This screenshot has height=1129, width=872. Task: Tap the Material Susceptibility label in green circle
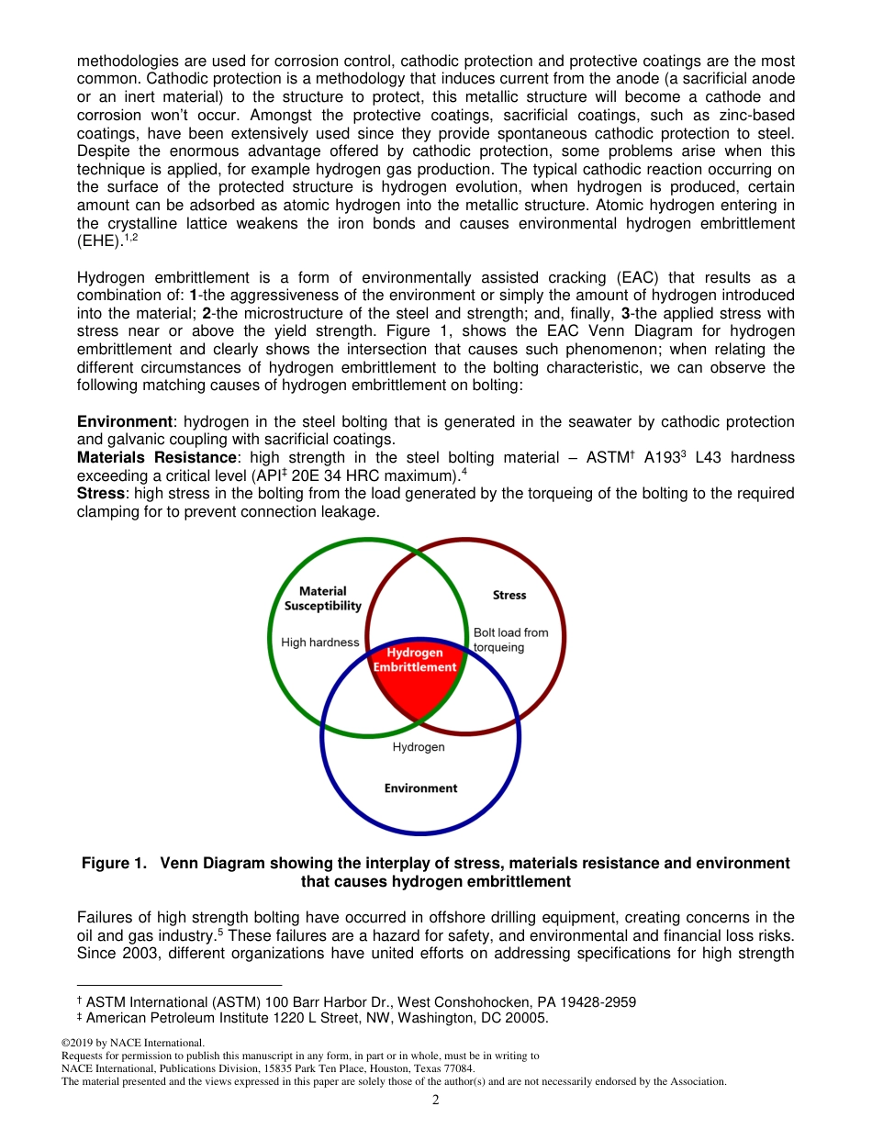pyautogui.click(x=322, y=598)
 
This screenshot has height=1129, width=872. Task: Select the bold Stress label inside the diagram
pyautogui.click(x=509, y=595)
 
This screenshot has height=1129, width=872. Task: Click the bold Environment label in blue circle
pyautogui.click(x=420, y=788)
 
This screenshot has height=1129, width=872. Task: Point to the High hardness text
pyautogui.click(x=320, y=643)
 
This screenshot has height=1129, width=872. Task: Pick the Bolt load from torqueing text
pyautogui.click(x=510, y=640)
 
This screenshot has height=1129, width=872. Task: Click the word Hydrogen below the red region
pyautogui.click(x=419, y=747)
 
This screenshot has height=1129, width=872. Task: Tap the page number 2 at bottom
pyautogui.click(x=436, y=1100)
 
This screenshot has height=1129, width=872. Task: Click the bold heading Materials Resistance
pyautogui.click(x=156, y=457)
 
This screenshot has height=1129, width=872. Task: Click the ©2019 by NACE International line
pyautogui.click(x=132, y=1043)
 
